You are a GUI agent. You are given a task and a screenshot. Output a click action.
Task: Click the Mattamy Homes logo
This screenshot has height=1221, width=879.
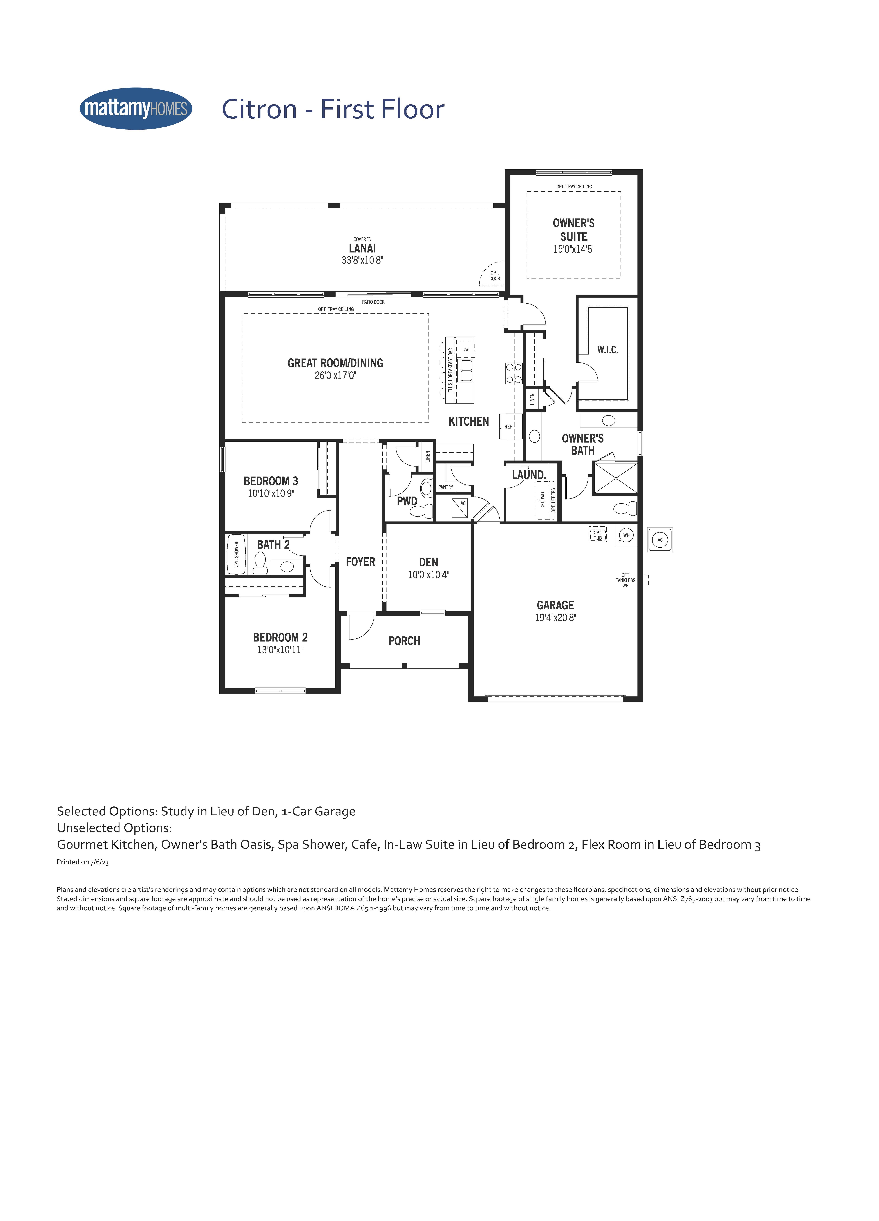(x=136, y=109)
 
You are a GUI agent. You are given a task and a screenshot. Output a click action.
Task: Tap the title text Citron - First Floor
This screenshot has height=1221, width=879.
(x=333, y=109)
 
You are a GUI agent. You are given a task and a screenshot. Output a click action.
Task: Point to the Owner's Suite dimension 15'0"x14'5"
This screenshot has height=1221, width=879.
(x=574, y=249)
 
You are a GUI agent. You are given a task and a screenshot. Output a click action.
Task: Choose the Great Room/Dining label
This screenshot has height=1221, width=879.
(x=335, y=363)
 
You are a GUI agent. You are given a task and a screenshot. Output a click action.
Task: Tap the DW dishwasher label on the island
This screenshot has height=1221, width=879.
(x=466, y=349)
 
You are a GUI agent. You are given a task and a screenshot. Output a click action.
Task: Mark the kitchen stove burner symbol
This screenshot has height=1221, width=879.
(x=514, y=373)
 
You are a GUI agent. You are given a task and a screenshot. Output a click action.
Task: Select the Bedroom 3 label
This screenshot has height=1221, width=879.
(x=271, y=481)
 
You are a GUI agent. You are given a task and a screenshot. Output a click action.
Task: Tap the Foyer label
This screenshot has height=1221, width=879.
(x=361, y=562)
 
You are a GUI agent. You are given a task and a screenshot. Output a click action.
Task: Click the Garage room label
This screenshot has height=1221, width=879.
(x=555, y=605)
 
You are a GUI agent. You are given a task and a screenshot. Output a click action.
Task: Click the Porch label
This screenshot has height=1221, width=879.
(x=404, y=641)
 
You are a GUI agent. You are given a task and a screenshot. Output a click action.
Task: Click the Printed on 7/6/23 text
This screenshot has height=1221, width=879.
(x=83, y=862)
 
